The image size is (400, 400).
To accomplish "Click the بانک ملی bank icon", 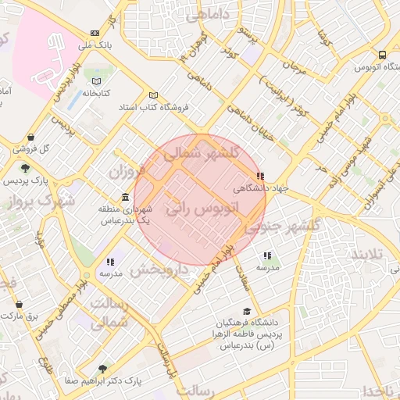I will tap(95, 34).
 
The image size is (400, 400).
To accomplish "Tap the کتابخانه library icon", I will tap(97, 81).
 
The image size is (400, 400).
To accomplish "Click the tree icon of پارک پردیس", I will tap(27, 168).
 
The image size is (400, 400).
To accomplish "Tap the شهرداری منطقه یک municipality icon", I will tap(124, 198).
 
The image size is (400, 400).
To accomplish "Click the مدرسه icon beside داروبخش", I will tap(111, 262).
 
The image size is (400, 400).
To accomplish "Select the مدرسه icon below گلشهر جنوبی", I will tap(268, 255).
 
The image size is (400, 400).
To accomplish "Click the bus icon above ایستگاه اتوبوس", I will tap(382, 55).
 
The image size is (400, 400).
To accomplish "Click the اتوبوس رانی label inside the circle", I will tap(202, 211).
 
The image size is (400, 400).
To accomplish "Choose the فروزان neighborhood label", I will tap(127, 172).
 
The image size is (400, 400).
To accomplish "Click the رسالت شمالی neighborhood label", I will tap(109, 312).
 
